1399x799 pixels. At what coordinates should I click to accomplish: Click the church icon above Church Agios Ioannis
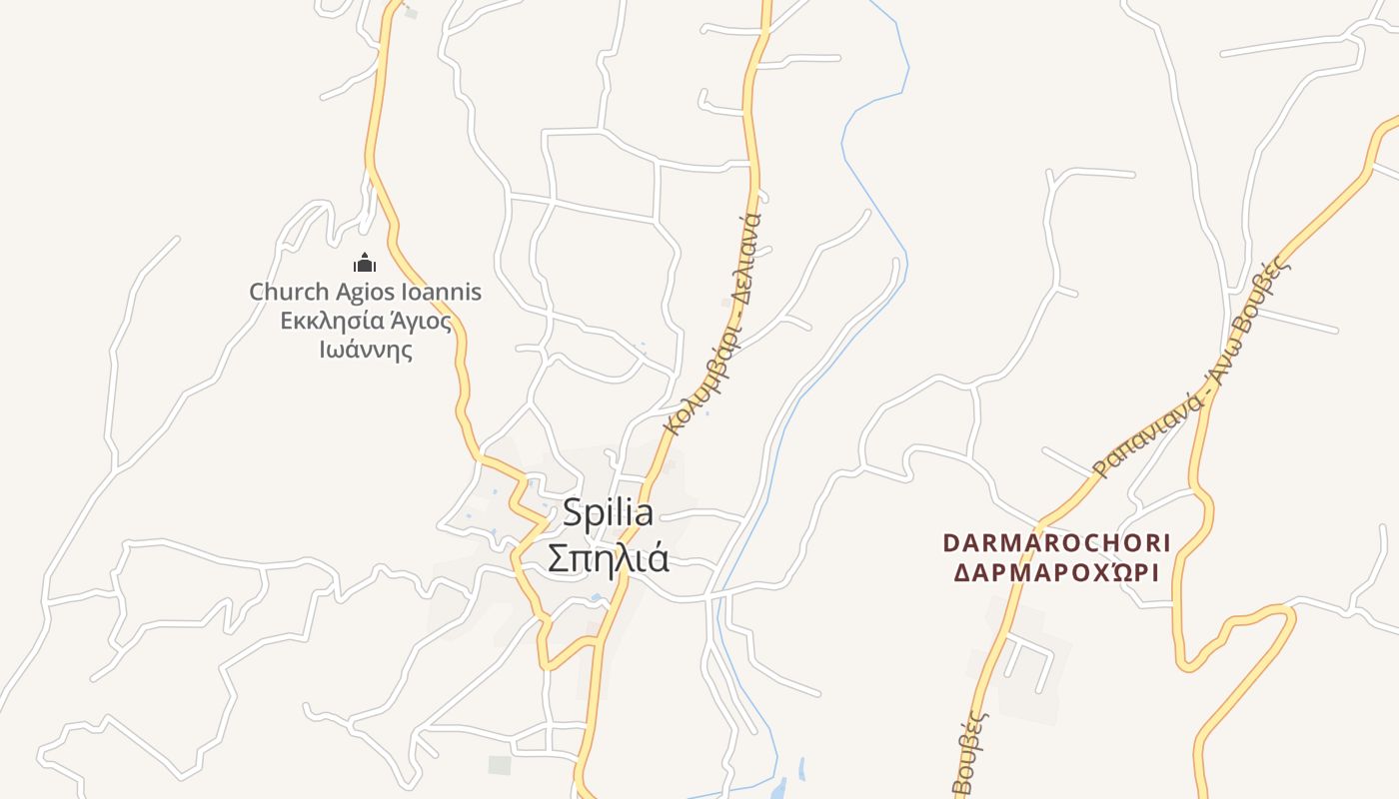[365, 263]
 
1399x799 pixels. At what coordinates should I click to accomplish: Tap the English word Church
[288, 293]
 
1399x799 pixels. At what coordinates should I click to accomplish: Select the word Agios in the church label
[363, 293]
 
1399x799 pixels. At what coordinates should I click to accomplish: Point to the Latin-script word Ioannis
[441, 293]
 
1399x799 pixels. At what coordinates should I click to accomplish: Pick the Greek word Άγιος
[420, 322]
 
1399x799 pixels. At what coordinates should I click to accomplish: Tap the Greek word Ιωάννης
[366, 351]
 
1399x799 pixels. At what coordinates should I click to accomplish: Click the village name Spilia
[608, 513]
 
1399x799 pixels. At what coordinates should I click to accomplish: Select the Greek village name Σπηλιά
[608, 558]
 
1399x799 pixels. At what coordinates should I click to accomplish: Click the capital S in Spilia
[572, 513]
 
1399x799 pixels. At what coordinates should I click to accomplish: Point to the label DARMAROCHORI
[1057, 543]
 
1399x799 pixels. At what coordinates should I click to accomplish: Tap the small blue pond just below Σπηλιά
[596, 597]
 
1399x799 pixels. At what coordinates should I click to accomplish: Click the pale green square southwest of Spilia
[500, 765]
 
